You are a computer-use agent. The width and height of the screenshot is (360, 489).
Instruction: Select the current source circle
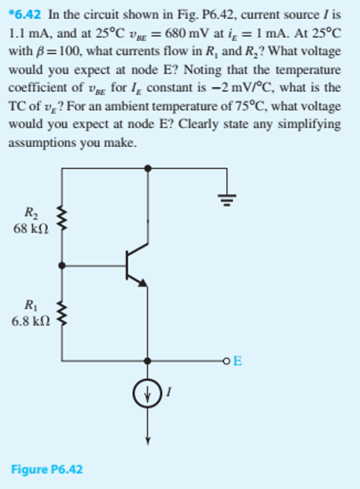coord(147,393)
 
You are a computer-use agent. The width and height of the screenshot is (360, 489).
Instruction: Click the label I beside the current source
coord(168,393)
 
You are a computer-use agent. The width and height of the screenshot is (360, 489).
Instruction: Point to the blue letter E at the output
coord(237,361)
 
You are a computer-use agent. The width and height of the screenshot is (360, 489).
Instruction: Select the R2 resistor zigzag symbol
coord(62,218)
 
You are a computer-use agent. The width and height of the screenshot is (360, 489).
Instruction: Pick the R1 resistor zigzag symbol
coord(62,312)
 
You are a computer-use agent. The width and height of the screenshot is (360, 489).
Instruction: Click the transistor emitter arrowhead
coord(142,283)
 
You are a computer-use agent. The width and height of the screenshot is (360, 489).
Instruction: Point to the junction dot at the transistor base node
coord(62,266)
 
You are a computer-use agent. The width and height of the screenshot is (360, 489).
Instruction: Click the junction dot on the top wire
coord(148,168)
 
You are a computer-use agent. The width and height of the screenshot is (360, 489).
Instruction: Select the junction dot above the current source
coord(148,361)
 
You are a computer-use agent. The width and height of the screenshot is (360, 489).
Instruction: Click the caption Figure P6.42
coord(47,469)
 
